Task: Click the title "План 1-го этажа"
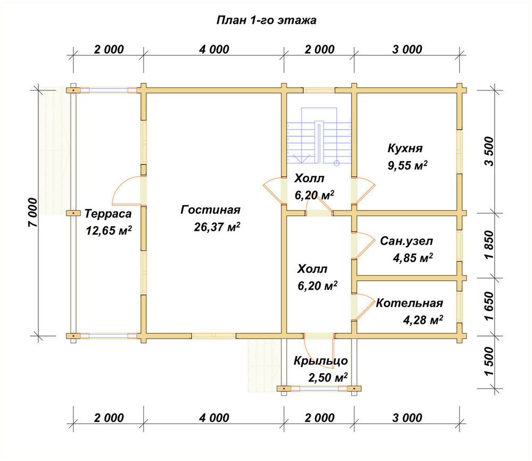point(267,20)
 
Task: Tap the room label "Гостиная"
point(210,209)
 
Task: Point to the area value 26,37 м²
point(217,227)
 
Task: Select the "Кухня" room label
point(405,148)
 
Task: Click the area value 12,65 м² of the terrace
point(109,230)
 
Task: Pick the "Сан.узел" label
point(406,241)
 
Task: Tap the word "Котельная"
point(410,303)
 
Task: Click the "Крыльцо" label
point(321,361)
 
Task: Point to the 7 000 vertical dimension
point(32,212)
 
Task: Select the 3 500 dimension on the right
point(489,152)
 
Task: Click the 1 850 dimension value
point(489,245)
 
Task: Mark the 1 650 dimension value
point(489,306)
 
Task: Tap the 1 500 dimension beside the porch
point(489,361)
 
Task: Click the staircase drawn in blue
point(319,136)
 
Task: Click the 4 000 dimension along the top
point(214,49)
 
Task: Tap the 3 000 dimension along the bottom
point(407,418)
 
